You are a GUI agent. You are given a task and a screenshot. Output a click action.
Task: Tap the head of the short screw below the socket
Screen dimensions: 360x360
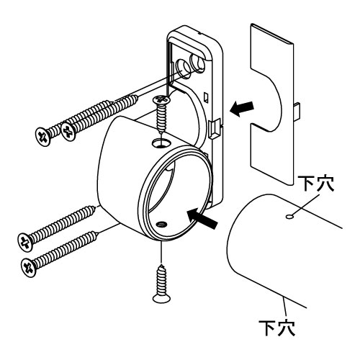pyautogui.click(x=162, y=296)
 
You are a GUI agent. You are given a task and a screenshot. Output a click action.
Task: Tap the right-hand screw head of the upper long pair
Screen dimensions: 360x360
pyautogui.click(x=70, y=130)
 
